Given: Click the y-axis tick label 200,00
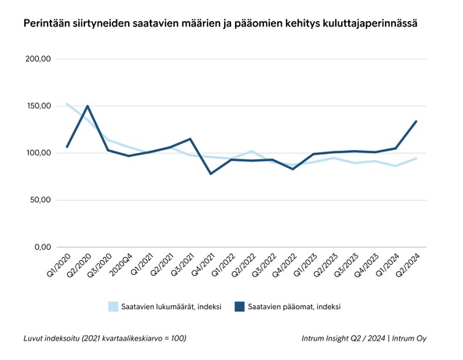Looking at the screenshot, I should click(x=37, y=59).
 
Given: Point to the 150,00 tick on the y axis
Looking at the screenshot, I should click(x=37, y=105).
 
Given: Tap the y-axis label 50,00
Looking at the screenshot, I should click(x=39, y=200).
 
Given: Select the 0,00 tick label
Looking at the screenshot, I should click(x=41, y=247).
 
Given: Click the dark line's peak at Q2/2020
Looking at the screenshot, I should click(x=87, y=106).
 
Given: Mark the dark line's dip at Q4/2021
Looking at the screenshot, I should click(x=210, y=173).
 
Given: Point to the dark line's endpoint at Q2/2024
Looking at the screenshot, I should click(x=416, y=121).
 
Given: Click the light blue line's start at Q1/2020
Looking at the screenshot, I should click(x=67, y=104).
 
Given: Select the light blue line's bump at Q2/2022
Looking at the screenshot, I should click(x=251, y=151).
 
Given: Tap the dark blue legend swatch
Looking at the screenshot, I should click(x=240, y=306).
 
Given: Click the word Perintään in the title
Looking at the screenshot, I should click(x=48, y=24).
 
